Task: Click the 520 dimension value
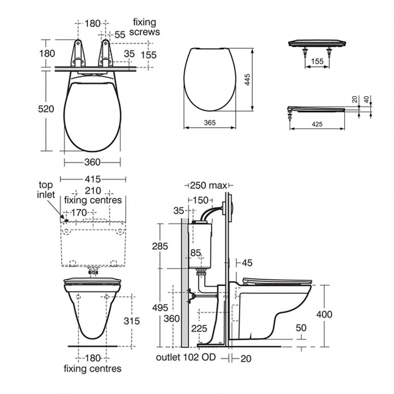[47, 109]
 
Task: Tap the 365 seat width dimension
[210, 122]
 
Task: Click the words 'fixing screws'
[145, 27]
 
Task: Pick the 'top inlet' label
[47, 190]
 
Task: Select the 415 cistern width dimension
[93, 179]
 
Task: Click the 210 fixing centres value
[93, 190]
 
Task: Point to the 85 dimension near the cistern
[195, 252]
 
